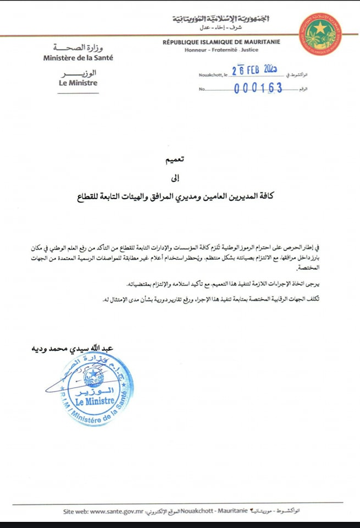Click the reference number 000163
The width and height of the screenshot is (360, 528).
[x=258, y=88]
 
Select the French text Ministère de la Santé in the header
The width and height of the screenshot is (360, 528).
[x=78, y=57]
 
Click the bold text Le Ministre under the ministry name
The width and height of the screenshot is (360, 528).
[x=78, y=82]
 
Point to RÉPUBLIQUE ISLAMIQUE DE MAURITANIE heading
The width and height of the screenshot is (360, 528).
[x=221, y=42]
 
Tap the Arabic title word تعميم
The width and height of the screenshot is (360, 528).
[x=176, y=159]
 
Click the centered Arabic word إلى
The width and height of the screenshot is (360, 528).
[x=176, y=178]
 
